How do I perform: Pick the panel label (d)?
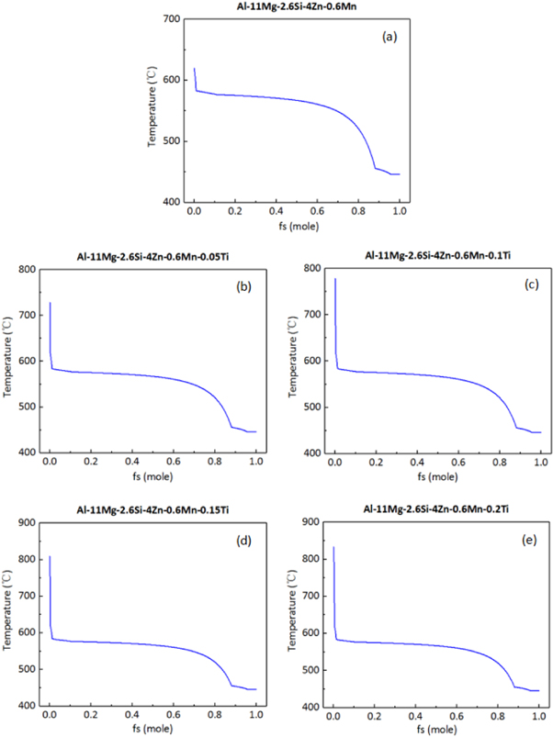(x=245, y=541)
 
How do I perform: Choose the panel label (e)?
(x=531, y=541)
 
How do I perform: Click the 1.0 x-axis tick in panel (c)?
(x=540, y=463)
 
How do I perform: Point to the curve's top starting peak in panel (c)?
(x=335, y=279)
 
